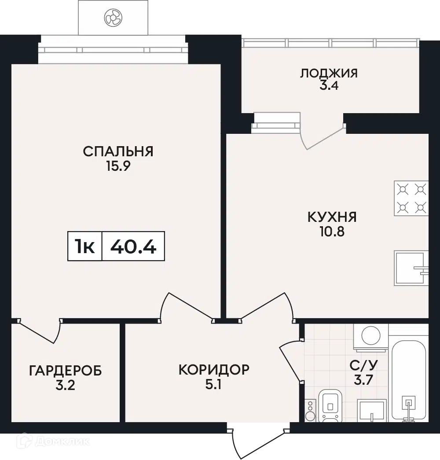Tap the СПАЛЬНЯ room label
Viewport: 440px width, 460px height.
(118, 151)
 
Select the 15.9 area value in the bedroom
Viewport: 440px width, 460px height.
(118, 166)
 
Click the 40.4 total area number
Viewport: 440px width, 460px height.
(133, 246)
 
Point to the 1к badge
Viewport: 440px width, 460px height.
(84, 246)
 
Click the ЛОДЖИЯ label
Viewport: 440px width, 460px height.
(329, 73)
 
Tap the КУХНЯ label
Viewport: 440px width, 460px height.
(332, 217)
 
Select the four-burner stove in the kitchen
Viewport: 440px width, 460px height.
(411, 199)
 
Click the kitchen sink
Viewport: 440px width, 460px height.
(411, 268)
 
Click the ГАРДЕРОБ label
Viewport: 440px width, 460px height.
(66, 371)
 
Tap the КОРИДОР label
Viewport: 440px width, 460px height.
(214, 370)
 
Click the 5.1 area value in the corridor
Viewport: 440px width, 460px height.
(213, 385)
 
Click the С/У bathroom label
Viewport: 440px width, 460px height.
(363, 365)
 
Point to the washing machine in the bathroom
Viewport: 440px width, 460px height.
(371, 337)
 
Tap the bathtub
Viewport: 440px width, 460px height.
(409, 381)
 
